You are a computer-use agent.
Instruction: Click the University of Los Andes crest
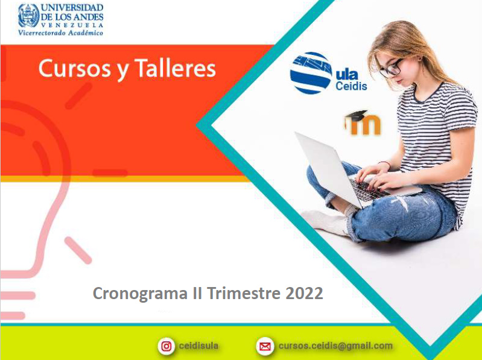(29, 16)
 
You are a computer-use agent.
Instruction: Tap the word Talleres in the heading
(175, 68)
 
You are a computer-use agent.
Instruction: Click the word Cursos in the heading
(75, 69)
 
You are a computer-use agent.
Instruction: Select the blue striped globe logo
(311, 73)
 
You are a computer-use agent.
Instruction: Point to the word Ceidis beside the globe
(351, 86)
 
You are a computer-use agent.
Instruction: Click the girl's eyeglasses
(391, 68)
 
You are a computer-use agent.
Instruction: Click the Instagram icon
(166, 346)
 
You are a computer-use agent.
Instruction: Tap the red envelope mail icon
(265, 346)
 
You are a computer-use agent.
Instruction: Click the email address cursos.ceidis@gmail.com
(335, 346)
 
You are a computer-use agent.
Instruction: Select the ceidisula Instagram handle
(198, 346)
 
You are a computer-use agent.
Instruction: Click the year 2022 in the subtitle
(304, 293)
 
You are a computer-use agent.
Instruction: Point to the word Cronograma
(140, 294)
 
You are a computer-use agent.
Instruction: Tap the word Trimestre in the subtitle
(244, 293)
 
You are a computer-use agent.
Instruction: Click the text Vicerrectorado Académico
(60, 33)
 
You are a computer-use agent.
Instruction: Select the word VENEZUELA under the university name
(72, 25)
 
